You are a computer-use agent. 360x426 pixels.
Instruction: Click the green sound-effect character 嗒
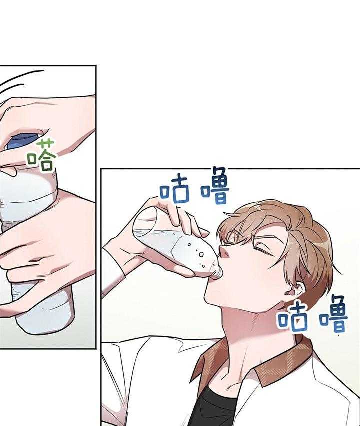pyautogui.click(x=41, y=156)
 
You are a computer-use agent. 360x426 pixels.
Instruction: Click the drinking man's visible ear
pyautogui.click(x=293, y=290)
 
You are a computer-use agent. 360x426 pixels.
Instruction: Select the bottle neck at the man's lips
pyautogui.click(x=218, y=272)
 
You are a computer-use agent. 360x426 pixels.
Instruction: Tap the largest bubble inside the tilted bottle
pyautogui.click(x=201, y=255)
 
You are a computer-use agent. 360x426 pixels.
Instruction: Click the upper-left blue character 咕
pyautogui.click(x=174, y=190)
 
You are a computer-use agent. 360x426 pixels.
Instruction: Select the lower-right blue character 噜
pyautogui.click(x=333, y=314)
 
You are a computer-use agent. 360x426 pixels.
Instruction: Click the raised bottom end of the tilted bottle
pyautogui.click(x=141, y=220)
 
